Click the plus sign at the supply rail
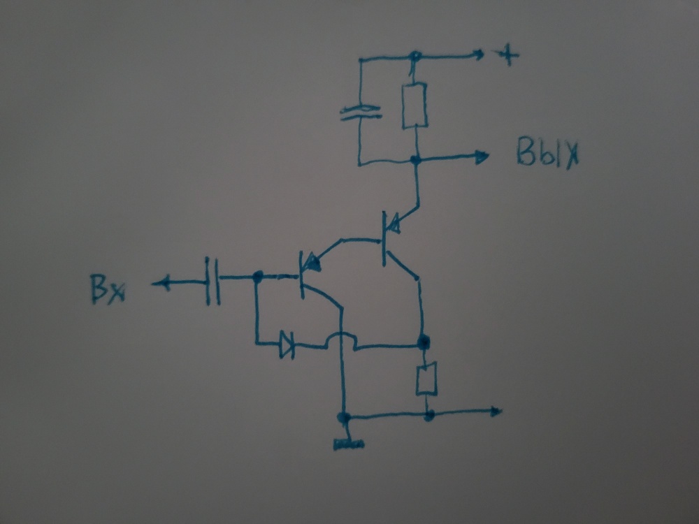(507, 56)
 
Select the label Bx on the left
(108, 289)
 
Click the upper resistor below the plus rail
(415, 105)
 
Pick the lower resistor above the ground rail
(426, 379)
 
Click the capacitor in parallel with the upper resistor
(361, 112)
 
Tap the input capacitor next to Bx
(212, 281)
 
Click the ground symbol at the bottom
(349, 444)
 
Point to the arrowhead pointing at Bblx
(482, 157)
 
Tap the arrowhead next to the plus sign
(480, 54)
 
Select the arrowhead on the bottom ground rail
(496, 411)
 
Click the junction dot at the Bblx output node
(415, 159)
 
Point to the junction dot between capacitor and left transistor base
(257, 277)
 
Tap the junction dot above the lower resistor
(423, 342)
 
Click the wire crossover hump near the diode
(341, 339)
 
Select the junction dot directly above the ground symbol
(344, 418)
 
